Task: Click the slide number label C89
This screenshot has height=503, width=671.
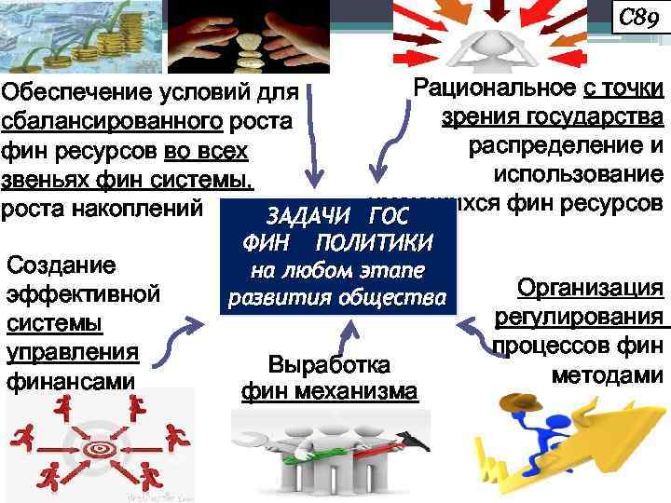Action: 638,18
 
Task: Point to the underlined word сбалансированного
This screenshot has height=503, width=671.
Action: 111,123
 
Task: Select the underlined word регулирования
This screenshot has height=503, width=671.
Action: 583,318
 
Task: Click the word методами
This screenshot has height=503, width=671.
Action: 607,375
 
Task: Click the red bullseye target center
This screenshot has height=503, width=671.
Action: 97,450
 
